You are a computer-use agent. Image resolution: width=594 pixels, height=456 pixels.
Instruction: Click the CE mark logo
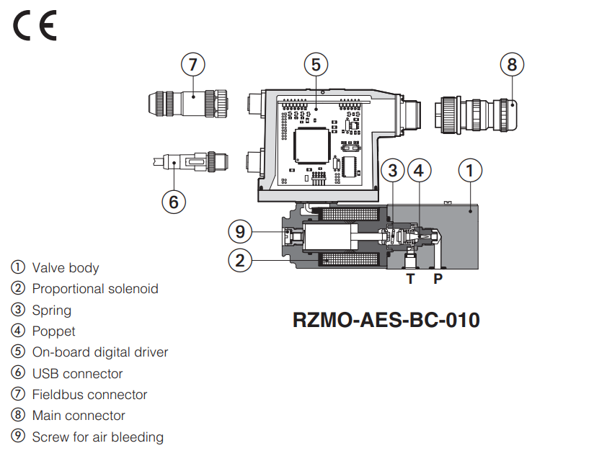[x=34, y=27]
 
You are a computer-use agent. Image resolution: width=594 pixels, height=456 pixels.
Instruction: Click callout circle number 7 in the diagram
[x=192, y=65]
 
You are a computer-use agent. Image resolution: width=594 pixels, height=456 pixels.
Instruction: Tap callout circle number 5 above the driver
[x=316, y=65]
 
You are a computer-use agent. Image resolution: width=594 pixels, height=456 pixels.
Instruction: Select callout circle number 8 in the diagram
[x=512, y=65]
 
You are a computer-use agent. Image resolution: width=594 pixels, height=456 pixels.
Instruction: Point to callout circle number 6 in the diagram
[x=173, y=202]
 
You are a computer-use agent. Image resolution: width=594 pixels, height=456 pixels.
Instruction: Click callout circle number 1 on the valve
[x=470, y=171]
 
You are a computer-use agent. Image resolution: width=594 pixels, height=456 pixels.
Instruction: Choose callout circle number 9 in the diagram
[x=241, y=232]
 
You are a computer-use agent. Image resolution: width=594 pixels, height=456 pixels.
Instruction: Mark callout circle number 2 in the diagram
[x=241, y=259]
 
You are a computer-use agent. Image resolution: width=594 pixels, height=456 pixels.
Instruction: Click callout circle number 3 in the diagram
[x=393, y=171]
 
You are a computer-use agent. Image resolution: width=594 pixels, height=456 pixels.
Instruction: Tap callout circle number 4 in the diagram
[x=420, y=171]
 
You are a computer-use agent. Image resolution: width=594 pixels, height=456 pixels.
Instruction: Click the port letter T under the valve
[x=410, y=279]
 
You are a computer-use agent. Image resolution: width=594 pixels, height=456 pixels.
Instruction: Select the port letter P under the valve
[x=438, y=279]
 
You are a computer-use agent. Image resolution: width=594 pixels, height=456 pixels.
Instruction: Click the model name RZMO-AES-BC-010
[x=386, y=319]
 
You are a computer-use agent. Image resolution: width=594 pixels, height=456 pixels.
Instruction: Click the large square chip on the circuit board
[x=312, y=145]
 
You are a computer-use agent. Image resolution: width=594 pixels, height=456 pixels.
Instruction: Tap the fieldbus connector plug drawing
[x=187, y=102]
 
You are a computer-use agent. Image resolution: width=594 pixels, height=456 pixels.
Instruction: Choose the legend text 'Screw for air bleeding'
[x=97, y=437]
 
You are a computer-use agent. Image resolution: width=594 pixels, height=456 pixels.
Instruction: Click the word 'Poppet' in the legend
[x=53, y=331]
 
